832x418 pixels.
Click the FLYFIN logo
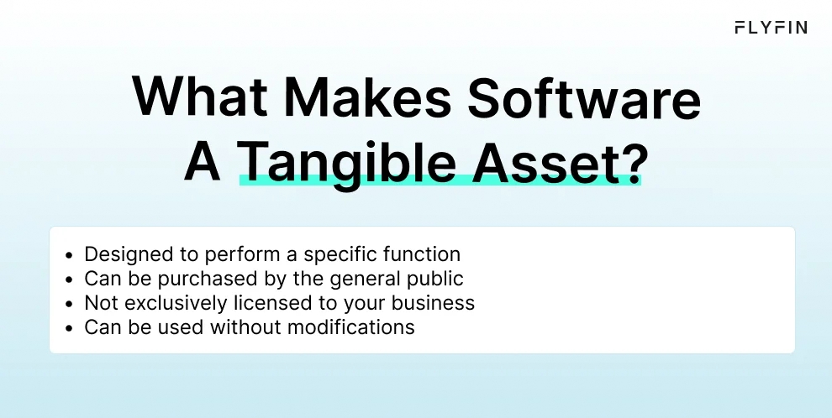[770, 28]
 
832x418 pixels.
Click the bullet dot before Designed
[68, 254]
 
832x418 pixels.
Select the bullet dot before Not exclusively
[68, 303]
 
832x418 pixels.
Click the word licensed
[267, 302]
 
